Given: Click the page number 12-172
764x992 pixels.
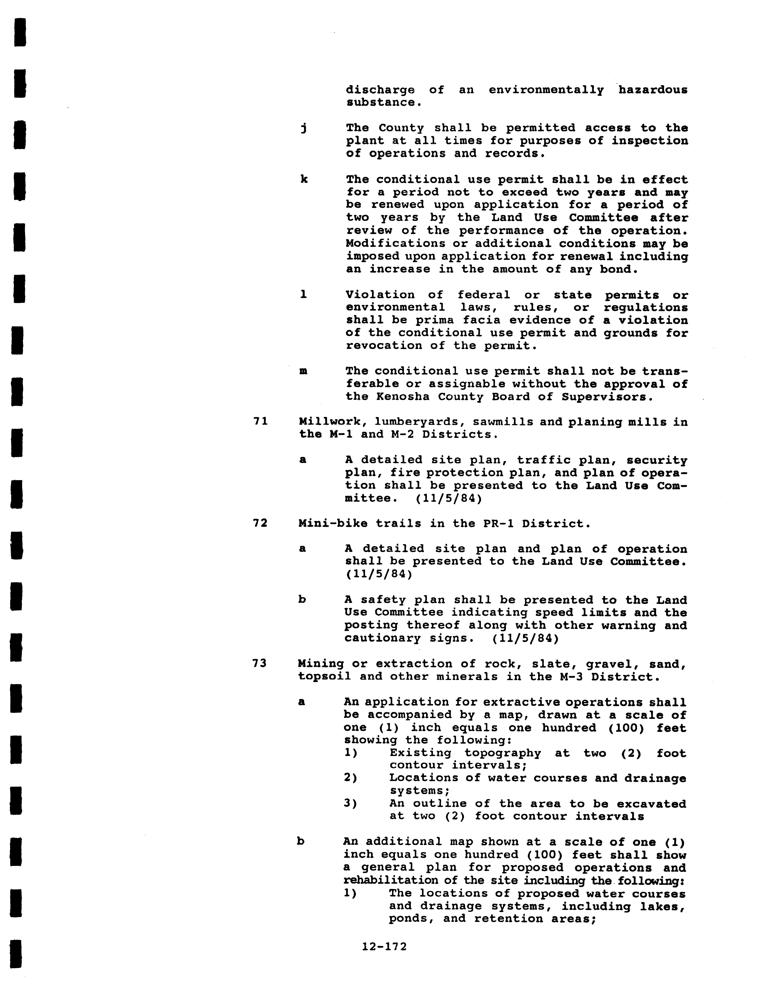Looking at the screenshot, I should pyautogui.click(x=384, y=947).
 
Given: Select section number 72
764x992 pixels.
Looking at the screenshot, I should pyautogui.click(x=260, y=523).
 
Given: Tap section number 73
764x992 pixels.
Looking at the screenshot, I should pyautogui.click(x=260, y=664).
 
